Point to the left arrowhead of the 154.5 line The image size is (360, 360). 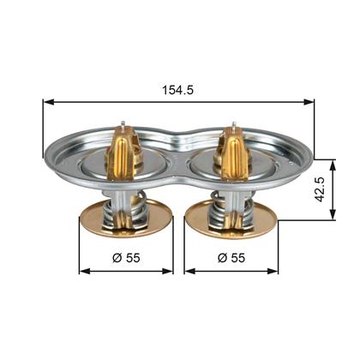click(46, 101)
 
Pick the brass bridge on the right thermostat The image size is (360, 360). click(234, 150)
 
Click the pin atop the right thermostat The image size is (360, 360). click(232, 123)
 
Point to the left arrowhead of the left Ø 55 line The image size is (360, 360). click(82, 272)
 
